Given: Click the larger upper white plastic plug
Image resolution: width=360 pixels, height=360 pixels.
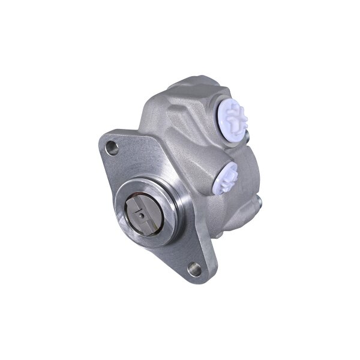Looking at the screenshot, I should point(231,115).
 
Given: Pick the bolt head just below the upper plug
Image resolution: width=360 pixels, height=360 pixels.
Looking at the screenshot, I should point(248,139).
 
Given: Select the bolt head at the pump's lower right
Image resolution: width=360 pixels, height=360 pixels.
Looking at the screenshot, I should point(258,201).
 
